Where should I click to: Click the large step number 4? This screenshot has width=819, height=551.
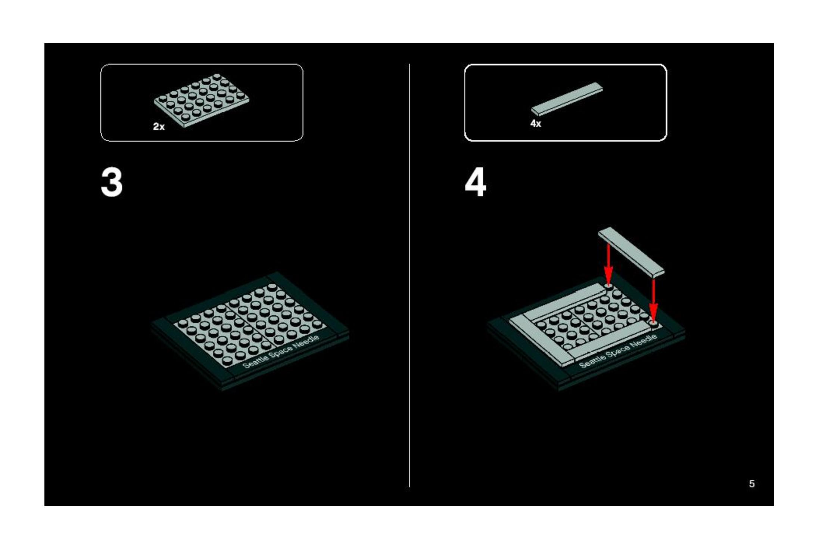pyautogui.click(x=475, y=182)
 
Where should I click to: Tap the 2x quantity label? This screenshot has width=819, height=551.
pyautogui.click(x=159, y=127)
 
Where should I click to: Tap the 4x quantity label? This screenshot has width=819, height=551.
pyautogui.click(x=536, y=124)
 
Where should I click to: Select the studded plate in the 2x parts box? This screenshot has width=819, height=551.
pyautogui.click(x=202, y=100)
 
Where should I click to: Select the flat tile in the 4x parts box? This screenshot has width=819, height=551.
pyautogui.click(x=567, y=99)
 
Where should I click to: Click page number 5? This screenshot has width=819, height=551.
pyautogui.click(x=752, y=484)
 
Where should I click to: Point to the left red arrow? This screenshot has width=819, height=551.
pyautogui.click(x=608, y=264)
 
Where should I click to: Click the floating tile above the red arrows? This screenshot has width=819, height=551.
pyautogui.click(x=631, y=252)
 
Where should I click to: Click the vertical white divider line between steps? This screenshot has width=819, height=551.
pyautogui.click(x=409, y=275)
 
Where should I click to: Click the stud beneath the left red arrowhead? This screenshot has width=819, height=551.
pyautogui.click(x=608, y=287)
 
